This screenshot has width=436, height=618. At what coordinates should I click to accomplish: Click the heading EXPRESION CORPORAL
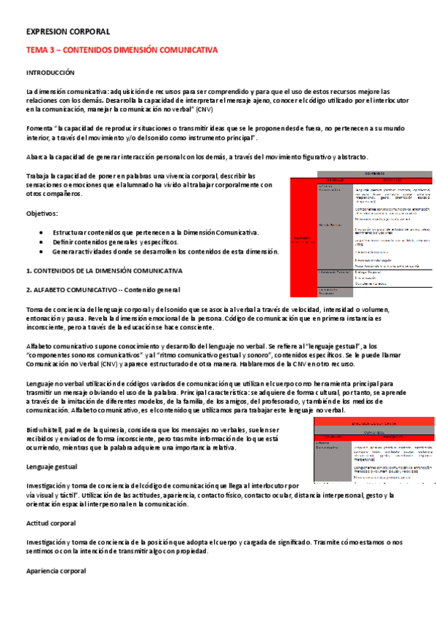(68, 32)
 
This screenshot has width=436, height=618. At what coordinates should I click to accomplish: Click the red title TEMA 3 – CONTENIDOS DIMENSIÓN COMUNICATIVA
(122, 50)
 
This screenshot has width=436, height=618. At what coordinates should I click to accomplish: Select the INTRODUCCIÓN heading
(51, 74)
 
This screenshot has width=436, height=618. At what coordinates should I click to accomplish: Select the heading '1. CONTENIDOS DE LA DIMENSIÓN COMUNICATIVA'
(104, 270)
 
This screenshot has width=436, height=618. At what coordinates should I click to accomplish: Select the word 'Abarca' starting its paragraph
(37, 157)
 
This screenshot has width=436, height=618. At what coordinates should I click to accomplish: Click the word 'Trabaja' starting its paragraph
(39, 176)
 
